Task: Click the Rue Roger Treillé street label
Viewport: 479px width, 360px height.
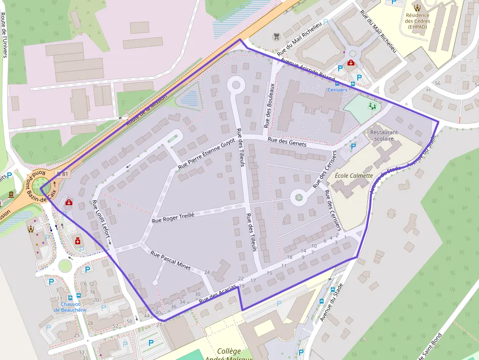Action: (173, 218)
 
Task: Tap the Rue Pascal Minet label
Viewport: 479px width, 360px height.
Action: (171, 261)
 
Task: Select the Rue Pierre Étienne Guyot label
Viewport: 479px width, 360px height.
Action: (206, 154)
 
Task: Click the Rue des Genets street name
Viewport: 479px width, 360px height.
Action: (286, 142)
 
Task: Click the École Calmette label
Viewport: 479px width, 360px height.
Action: (354, 176)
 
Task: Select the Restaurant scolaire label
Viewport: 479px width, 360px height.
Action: (384, 135)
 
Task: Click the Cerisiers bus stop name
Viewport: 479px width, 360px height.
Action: (337, 90)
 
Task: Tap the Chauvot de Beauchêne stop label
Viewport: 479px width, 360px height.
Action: (70, 307)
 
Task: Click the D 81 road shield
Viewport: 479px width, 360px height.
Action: (63, 173)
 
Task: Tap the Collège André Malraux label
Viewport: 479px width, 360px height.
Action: (229, 354)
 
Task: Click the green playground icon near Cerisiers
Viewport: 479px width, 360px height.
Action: (372, 105)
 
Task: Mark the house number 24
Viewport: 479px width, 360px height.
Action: (207, 273)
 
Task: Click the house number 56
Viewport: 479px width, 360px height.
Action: (437, 84)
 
